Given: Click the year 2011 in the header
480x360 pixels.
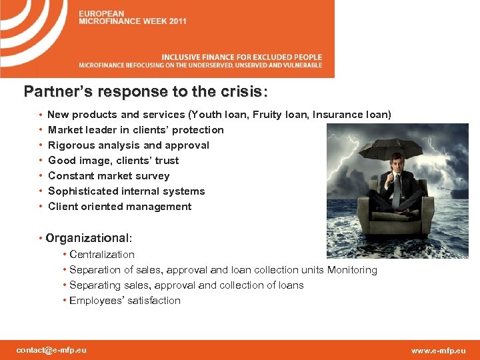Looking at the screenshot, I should [177, 21].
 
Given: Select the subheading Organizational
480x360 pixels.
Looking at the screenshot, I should [89, 238].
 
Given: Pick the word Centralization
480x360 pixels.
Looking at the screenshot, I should [102, 255].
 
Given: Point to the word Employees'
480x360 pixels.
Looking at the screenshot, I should [96, 301].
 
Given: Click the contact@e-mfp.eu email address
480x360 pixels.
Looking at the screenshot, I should [51, 350].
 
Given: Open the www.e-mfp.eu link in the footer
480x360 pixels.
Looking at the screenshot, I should [439, 351].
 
